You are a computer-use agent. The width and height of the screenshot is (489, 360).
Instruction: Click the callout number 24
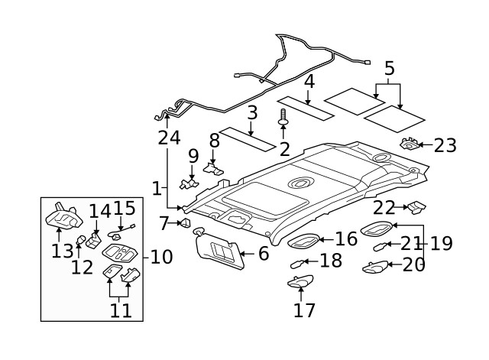[169, 138]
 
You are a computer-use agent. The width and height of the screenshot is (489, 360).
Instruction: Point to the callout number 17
[304, 310]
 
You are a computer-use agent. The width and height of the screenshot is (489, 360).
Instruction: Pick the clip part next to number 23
[411, 143]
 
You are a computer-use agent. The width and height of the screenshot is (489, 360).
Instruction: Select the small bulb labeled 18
[297, 263]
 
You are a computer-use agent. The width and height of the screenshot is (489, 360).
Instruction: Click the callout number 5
[389, 70]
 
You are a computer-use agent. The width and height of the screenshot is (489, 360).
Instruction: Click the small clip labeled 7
[184, 223]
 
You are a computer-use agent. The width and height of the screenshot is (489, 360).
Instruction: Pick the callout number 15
[125, 208]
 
